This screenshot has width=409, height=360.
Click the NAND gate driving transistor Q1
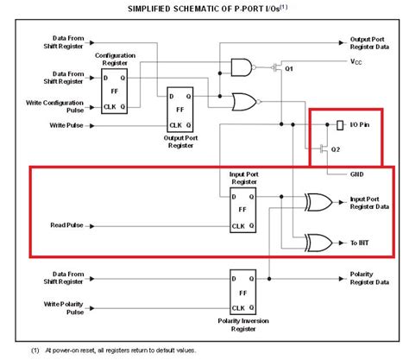coord(242,66)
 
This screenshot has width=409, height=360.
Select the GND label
coord(356,174)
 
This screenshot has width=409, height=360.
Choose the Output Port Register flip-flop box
coord(182,107)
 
